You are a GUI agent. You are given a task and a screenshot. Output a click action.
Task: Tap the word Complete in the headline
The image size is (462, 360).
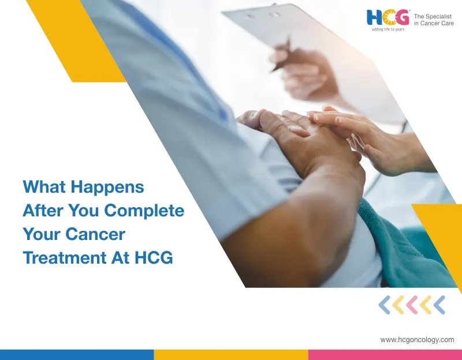[x=150, y=211]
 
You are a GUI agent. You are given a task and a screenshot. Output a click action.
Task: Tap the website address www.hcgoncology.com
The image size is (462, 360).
[x=417, y=340]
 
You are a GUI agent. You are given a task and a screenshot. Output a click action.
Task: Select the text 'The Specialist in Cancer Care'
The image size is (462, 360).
[x=434, y=20]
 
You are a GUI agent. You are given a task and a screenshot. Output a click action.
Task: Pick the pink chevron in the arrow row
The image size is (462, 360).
[x=412, y=305]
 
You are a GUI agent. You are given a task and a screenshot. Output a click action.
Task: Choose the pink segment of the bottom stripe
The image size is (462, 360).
[x=385, y=355]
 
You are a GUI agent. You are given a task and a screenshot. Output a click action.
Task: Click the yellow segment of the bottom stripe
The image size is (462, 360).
[x=230, y=355]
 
